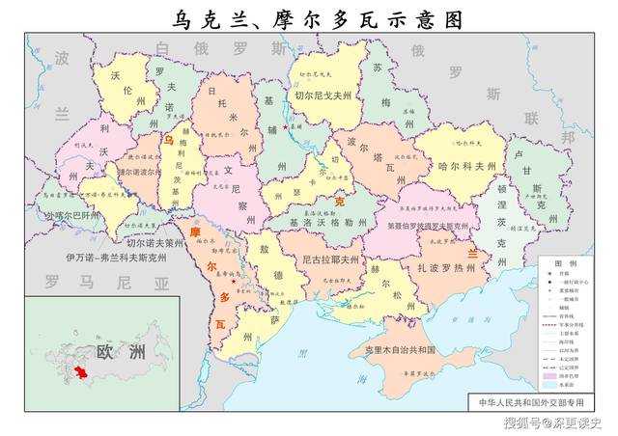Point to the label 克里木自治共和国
(x=398, y=348)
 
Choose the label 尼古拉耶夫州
(x=330, y=260)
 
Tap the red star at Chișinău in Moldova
(x=233, y=281)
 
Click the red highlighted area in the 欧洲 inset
(x=83, y=373)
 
